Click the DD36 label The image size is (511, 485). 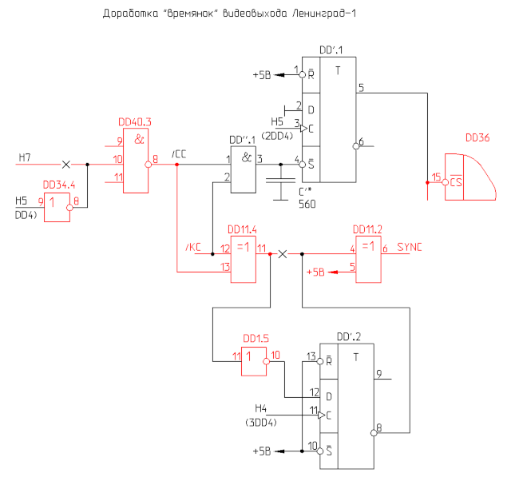coord(477,137)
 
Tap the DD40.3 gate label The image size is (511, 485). coord(134,122)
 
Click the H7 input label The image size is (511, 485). coord(25,158)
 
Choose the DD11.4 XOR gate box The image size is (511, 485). coord(244,259)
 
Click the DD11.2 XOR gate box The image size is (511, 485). coord(367,259)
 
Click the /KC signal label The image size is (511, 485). coord(192,248)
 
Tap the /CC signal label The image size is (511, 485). coord(179,153)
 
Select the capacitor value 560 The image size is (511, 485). coord(307,204)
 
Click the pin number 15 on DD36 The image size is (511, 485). coord(436,177)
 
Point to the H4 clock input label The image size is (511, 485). coord(261,407)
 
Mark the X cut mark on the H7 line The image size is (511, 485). coord(66,165)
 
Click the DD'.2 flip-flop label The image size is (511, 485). coord(349,336)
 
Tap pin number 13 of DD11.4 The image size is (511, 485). coord(225,266)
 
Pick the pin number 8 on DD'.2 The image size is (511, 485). coord(379,428)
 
